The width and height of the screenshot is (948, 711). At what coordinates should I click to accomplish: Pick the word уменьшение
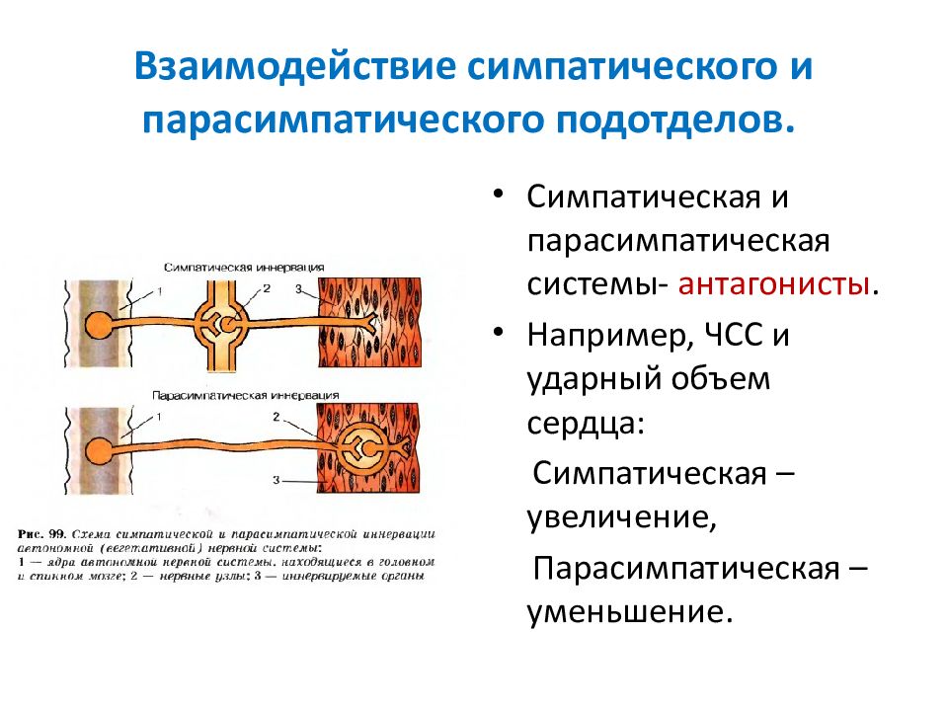pyautogui.click(x=630, y=610)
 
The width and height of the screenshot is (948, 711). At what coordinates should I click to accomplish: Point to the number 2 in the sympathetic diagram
pyautogui.click(x=266, y=288)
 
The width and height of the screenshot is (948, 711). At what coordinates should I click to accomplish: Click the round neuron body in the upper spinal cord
pyautogui.click(x=99, y=325)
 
